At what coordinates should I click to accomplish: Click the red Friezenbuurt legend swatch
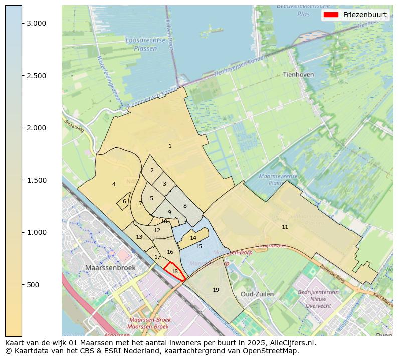click(x=331, y=15)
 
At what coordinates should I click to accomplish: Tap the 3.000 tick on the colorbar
click(x=22, y=24)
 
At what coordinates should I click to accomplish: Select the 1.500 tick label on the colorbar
click(x=36, y=180)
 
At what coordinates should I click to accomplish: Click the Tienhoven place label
click(x=298, y=74)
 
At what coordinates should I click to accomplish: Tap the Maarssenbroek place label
click(x=110, y=268)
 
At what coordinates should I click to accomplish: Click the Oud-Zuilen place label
click(x=257, y=294)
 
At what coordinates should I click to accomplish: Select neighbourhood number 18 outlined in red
click(x=174, y=271)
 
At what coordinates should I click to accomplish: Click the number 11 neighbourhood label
click(x=285, y=227)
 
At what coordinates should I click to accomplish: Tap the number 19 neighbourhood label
click(x=216, y=290)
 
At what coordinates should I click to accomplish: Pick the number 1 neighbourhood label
click(x=170, y=146)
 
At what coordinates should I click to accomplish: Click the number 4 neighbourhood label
click(x=114, y=184)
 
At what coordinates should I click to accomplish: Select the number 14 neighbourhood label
click(x=193, y=238)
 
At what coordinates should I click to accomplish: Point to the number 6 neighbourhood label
click(x=124, y=201)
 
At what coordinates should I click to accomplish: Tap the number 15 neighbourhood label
click(x=198, y=246)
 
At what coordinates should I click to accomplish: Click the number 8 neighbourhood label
click(x=184, y=206)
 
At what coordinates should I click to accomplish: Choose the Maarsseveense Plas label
click(x=278, y=179)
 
